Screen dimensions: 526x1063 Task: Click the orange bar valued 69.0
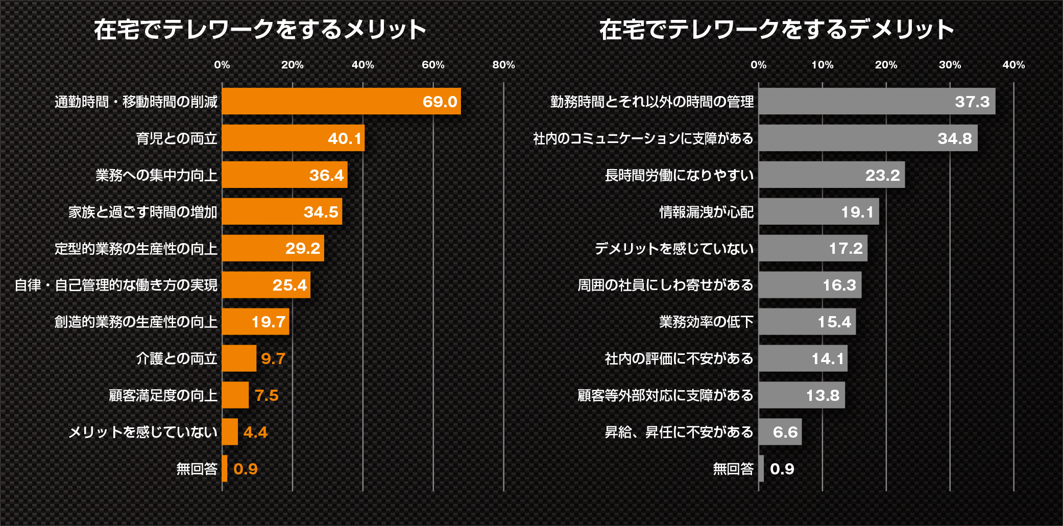pos(341,101)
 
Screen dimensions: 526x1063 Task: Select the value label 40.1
pos(345,138)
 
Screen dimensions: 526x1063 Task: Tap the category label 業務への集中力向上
pos(156,175)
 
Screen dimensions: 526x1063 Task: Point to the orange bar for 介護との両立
pos(239,358)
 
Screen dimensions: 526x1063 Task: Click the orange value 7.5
pos(267,395)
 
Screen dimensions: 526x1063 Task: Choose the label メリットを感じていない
pos(143,432)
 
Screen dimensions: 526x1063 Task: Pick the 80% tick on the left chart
pos(503,65)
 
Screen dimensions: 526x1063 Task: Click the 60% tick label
pos(433,65)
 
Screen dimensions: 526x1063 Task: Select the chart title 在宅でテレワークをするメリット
pos(260,29)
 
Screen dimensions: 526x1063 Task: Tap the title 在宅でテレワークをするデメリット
pos(776,29)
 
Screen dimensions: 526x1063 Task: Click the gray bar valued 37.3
pos(877,101)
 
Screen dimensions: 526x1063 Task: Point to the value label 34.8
pos(955,138)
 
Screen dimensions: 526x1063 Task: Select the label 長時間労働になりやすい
pos(679,175)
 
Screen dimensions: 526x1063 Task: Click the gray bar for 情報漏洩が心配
pos(818,211)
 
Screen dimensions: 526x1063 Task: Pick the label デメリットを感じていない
pos(674,249)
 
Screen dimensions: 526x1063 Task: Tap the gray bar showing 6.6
pos(780,432)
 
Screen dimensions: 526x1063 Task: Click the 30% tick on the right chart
pos(950,65)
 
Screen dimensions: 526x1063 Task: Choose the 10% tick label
pos(822,65)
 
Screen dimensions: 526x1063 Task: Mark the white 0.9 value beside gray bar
pos(782,469)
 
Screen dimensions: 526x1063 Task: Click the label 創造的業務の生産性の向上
pos(136,322)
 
